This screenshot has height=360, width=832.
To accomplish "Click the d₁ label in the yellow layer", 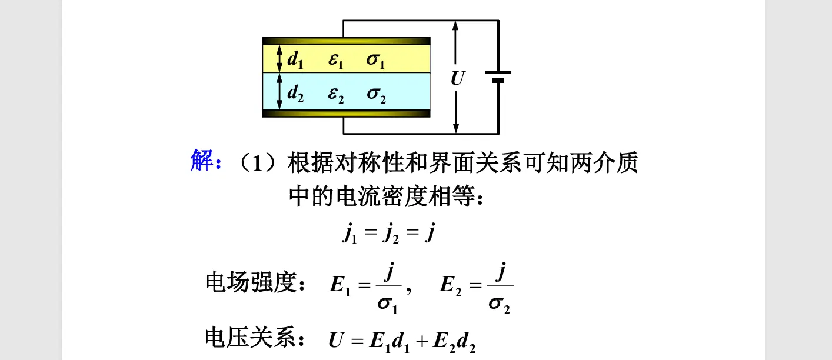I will coord(295,59).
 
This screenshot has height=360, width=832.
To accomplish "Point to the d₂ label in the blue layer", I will coord(295,93).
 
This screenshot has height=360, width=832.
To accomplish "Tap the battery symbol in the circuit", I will coord(498,76).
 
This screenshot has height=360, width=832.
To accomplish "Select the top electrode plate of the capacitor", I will coord(346,41).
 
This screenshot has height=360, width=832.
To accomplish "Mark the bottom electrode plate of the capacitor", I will coord(346,113).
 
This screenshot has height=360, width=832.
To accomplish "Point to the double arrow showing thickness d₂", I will coord(280,92).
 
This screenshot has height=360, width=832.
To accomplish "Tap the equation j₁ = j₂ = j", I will coord(388,235).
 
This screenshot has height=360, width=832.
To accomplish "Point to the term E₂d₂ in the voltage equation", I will coord(454,342).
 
